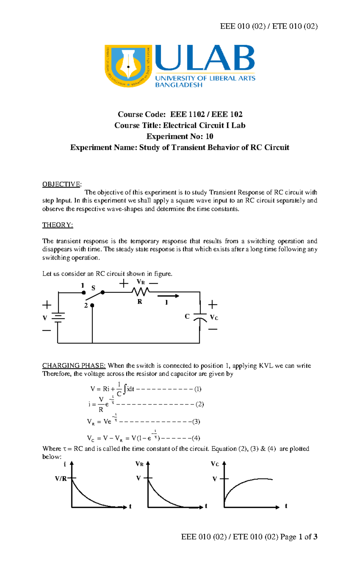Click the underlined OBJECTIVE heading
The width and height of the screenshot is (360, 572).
(x=61, y=184)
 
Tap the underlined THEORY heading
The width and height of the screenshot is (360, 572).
(x=58, y=225)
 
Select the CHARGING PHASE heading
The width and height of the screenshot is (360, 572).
(x=74, y=366)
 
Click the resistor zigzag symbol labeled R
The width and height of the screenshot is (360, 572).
(x=140, y=291)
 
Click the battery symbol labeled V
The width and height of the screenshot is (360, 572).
(x=58, y=318)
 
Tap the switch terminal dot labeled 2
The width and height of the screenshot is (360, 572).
(x=92, y=305)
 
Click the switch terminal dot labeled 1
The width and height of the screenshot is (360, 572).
(x=84, y=292)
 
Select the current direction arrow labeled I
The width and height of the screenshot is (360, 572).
(x=168, y=296)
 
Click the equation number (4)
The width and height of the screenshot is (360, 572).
(x=196, y=438)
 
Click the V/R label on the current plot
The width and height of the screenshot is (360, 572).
(x=61, y=479)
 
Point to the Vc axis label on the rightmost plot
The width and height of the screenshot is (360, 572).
(x=215, y=464)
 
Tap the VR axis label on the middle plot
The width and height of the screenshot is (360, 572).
(x=139, y=464)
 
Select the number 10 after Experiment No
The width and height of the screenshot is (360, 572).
(x=209, y=137)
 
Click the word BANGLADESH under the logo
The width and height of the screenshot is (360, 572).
(x=178, y=85)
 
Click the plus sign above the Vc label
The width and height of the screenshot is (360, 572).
(x=213, y=305)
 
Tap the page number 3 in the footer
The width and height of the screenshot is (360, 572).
(x=315, y=537)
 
